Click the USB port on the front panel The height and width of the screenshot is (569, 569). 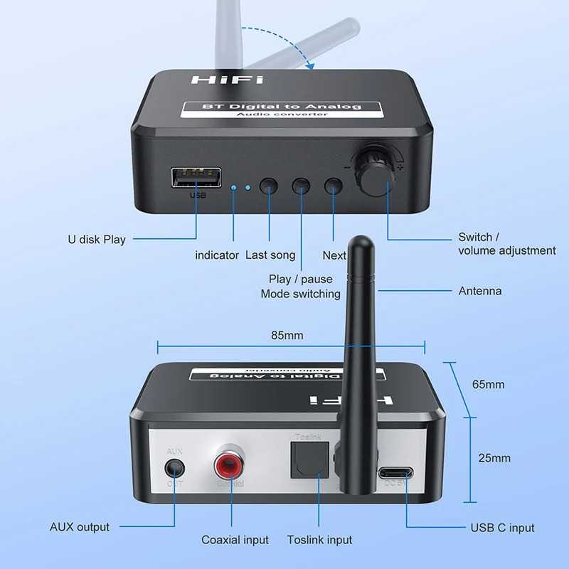tap(196, 178)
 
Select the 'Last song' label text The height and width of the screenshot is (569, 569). tap(270, 255)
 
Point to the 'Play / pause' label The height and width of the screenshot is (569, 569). tap(301, 280)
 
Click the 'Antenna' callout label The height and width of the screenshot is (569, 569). tap(479, 291)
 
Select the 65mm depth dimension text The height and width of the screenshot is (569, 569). tap(489, 384)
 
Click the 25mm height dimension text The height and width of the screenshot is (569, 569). tap(494, 458)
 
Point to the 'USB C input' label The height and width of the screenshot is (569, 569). tap(502, 528)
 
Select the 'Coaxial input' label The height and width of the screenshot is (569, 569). tap(235, 540)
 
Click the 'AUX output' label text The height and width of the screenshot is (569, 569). tap(80, 527)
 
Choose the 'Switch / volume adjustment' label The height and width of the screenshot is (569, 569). tap(506, 244)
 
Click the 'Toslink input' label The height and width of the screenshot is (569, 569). tap(319, 540)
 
